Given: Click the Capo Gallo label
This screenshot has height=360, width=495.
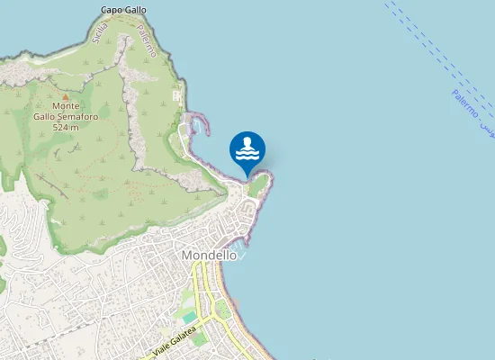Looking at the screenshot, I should [123, 10].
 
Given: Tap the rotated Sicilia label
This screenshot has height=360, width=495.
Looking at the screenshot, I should [99, 32].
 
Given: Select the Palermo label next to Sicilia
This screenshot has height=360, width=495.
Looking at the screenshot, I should [147, 40].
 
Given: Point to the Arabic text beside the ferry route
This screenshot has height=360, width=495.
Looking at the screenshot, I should [485, 128].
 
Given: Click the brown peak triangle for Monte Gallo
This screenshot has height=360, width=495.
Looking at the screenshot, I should [65, 95].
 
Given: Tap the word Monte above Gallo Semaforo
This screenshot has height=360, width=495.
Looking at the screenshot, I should [65, 106].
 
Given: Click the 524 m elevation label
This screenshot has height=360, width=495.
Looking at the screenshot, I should [67, 127].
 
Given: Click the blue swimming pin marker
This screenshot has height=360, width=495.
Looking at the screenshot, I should [247, 149].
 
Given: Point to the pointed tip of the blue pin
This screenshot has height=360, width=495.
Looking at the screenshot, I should [247, 176].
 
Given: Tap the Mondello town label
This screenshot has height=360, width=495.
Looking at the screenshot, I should [209, 255].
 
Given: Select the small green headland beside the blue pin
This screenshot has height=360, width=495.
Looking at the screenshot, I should [259, 184].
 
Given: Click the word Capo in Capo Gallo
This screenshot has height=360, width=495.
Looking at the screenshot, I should [112, 10].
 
